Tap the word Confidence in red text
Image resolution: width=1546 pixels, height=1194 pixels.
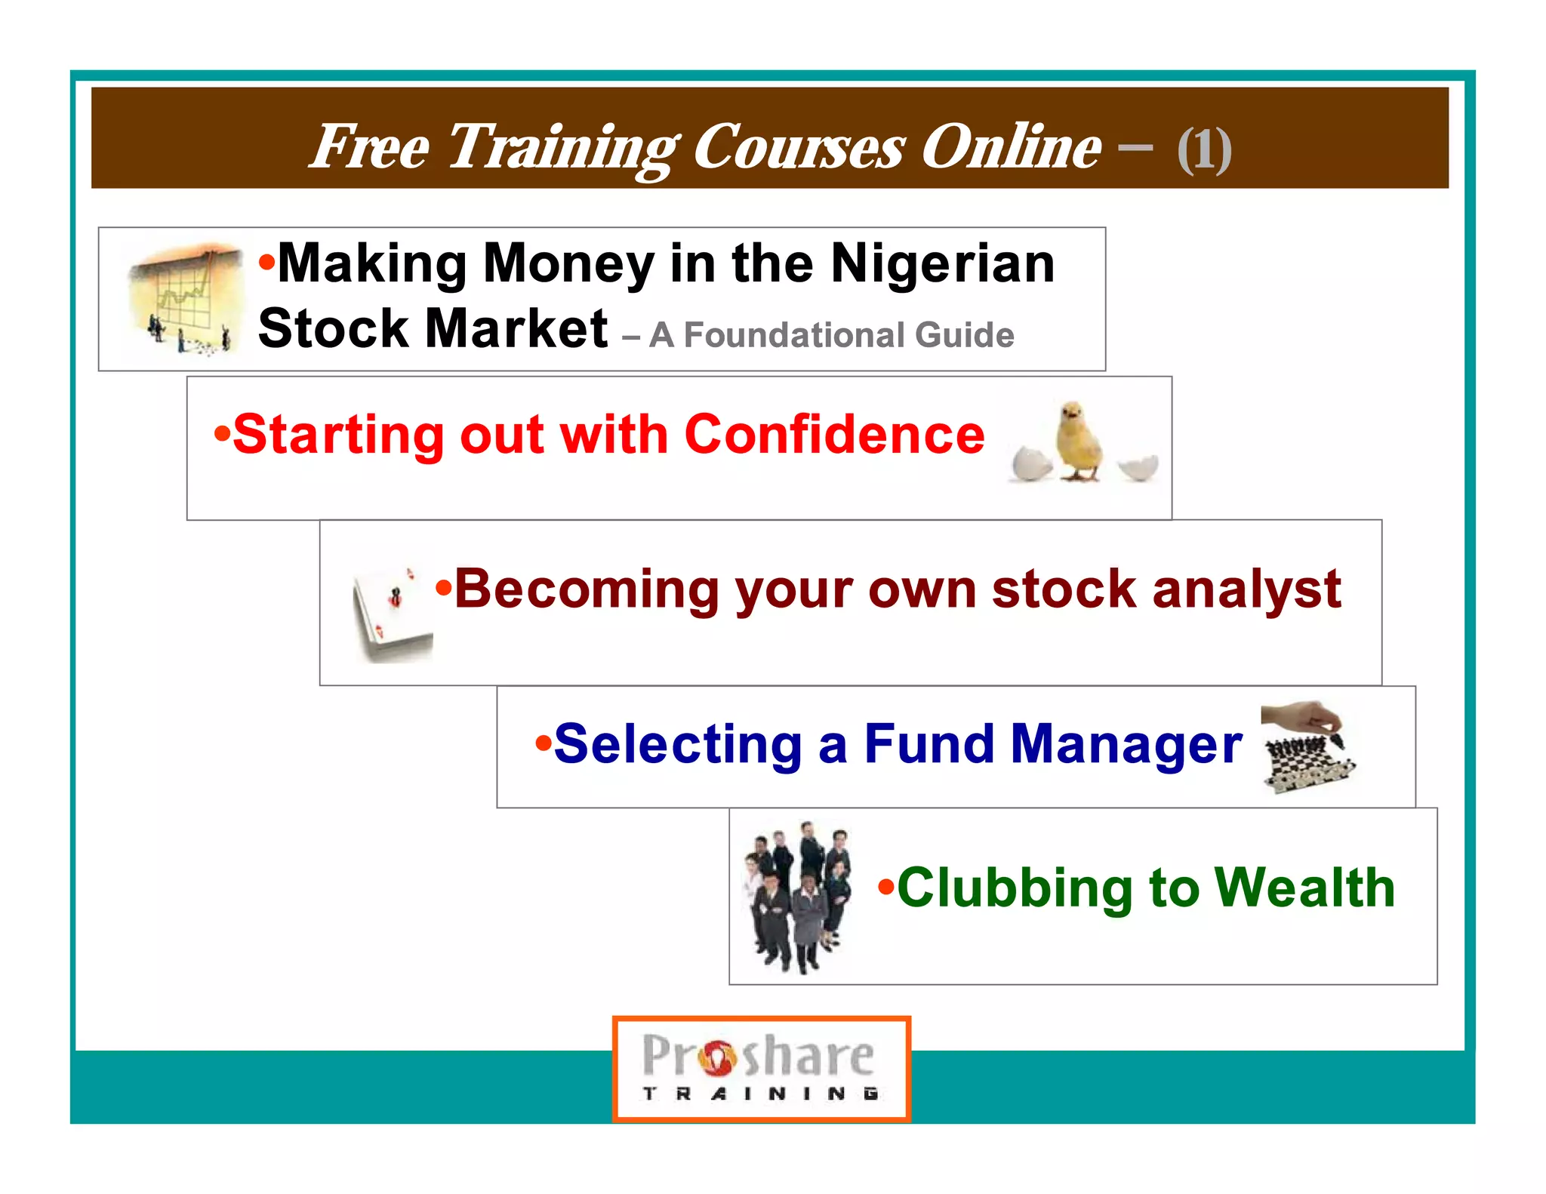click(x=834, y=435)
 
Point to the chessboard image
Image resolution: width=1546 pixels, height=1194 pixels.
click(x=1307, y=747)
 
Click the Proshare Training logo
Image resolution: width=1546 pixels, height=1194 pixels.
click(x=761, y=1068)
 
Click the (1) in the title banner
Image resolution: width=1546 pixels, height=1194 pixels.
click(x=1204, y=149)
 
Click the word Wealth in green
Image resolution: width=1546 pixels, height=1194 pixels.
click(x=1305, y=888)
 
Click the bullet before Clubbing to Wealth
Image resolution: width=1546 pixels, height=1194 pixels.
click(x=885, y=886)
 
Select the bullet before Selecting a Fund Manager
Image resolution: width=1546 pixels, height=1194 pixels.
click(x=543, y=743)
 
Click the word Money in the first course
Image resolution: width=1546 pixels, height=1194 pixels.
click(x=568, y=264)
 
